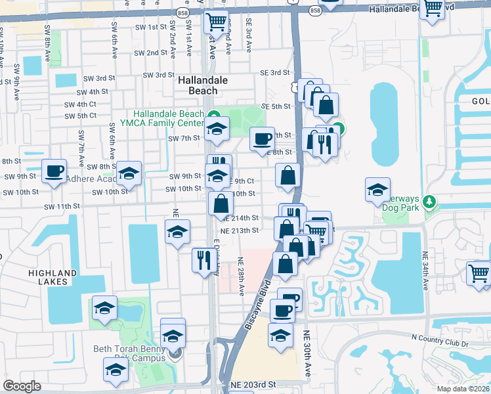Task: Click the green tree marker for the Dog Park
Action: coord(430,200)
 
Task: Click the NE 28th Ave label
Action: coord(242,276)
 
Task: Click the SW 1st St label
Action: coord(151,27)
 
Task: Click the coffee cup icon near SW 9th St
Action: coord(54,171)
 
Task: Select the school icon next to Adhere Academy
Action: coord(129,173)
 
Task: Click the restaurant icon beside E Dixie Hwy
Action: coord(202,259)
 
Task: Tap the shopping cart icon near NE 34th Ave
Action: coord(479,273)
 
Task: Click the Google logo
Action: coord(22,386)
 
